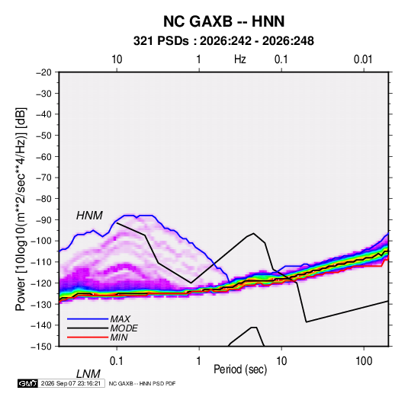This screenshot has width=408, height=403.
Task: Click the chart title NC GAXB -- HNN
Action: (223, 21)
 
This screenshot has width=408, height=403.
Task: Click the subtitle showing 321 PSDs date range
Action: (223, 41)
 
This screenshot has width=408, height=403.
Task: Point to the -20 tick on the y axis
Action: (43, 72)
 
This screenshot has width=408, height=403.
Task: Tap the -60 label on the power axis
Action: (43, 156)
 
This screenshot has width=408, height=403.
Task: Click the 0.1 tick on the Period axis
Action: (117, 361)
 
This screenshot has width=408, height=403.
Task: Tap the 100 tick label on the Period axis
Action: (364, 361)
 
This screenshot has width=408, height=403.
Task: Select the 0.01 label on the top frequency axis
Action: (363, 59)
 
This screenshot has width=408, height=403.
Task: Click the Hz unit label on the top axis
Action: (240, 59)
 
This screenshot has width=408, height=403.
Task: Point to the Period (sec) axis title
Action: (240, 369)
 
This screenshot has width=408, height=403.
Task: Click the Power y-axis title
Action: (21, 209)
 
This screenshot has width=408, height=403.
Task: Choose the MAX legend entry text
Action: (120, 319)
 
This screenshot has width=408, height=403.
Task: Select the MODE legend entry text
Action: (124, 328)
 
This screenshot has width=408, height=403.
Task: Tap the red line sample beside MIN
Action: (88, 337)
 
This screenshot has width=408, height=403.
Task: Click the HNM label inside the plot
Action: (89, 216)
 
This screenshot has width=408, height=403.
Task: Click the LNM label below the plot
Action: (88, 374)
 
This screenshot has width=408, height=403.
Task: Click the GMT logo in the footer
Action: (27, 383)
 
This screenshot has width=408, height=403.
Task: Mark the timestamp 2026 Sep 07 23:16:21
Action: (71, 383)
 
